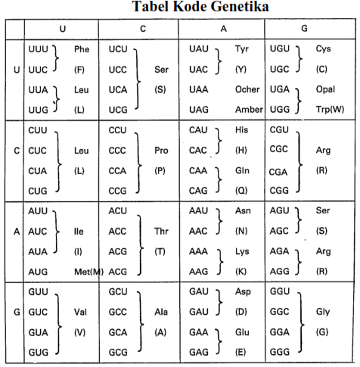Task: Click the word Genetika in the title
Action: tap(237, 8)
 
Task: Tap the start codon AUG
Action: tap(37, 270)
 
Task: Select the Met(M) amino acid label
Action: tap(88, 270)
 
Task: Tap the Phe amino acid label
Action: tap(82, 49)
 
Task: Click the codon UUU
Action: tap(37, 49)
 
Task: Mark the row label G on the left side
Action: tap(16, 312)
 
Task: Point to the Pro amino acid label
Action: tap(161, 151)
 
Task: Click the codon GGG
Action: tap(281, 353)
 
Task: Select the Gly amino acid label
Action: tap(323, 312)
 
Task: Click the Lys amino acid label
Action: tap(243, 250)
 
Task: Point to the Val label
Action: tap(82, 312)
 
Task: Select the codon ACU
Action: tap(118, 210)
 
